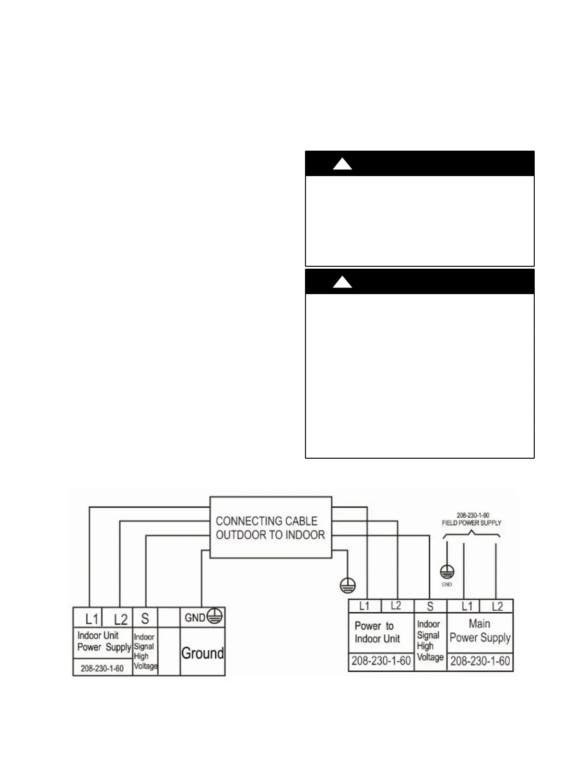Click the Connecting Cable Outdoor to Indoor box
[x=270, y=527]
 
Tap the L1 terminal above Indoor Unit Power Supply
[x=91, y=617]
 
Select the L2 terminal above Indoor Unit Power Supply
[x=120, y=618]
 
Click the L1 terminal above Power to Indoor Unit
[x=364, y=606]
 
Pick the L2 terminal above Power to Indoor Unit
[x=396, y=606]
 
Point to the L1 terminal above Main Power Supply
[x=467, y=606]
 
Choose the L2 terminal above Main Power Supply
[x=497, y=606]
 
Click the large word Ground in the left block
[x=202, y=653]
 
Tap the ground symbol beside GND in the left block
[x=215, y=617]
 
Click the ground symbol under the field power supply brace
[x=447, y=571]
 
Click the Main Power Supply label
[x=480, y=630]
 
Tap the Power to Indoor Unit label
[x=377, y=632]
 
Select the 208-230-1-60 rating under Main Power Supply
[x=480, y=661]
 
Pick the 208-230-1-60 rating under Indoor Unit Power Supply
[x=102, y=668]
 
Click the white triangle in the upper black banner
[x=342, y=165]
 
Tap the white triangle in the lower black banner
[x=342, y=282]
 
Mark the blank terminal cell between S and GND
[x=169, y=618]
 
